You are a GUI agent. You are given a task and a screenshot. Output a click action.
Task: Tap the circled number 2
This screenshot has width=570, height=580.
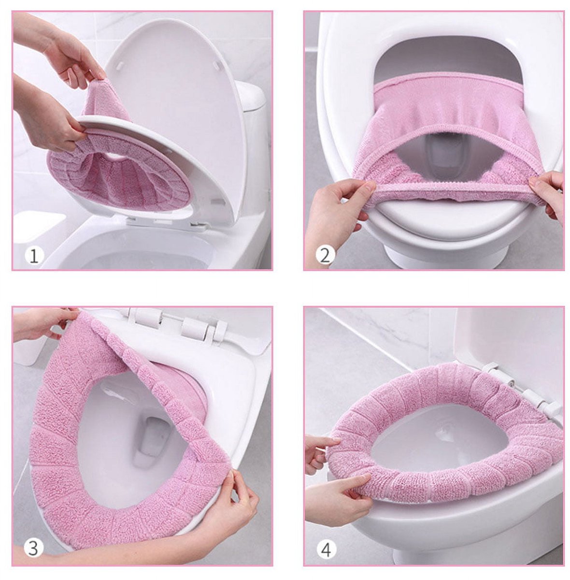(325, 255)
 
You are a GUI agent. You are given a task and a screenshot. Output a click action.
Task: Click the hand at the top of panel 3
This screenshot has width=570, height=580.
(43, 321)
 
